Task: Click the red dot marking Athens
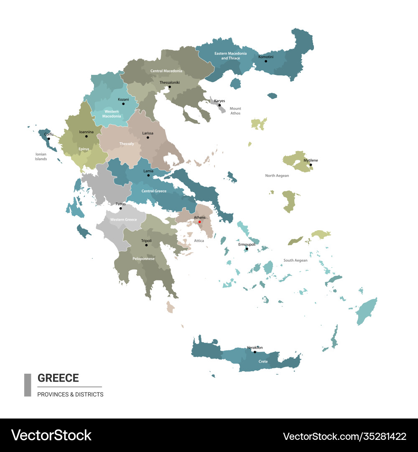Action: point(199,222)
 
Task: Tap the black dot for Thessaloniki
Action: point(170,87)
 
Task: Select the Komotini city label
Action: point(265,56)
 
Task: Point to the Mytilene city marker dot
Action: point(311,165)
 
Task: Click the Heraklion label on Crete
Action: point(255,347)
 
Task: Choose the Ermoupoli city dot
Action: point(247,249)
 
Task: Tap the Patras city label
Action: point(120,204)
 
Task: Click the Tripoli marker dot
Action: point(146,245)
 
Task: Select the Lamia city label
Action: point(148,171)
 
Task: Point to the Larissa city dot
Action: point(148,137)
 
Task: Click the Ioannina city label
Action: point(87,131)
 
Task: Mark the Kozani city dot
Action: point(123,104)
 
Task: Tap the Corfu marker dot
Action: point(48,139)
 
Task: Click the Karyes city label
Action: point(219,101)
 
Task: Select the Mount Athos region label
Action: point(235,111)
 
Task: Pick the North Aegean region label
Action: point(277,176)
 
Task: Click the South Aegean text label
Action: point(295,260)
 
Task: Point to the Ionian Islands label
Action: point(41,157)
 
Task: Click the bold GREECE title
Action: point(58,378)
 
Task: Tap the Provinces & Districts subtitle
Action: point(70,394)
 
